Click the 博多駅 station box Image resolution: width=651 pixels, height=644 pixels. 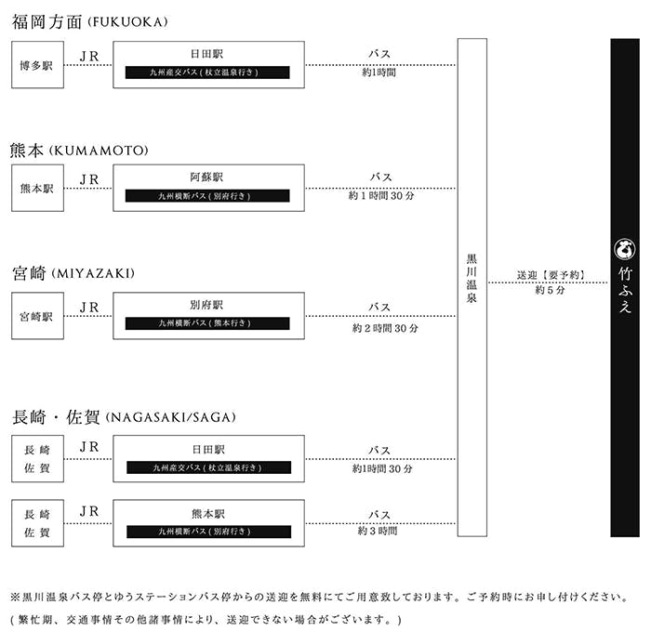pos(38,65)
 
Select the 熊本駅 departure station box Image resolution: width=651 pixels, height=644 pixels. pos(38,188)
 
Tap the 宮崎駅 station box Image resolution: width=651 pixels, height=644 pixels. pos(38,316)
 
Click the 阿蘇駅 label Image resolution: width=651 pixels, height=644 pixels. pos(208,177)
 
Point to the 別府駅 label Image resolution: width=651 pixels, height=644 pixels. pos(208,304)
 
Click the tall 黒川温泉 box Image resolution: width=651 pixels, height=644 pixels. pos(472,286)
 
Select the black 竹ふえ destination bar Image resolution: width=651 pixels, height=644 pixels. pos(625,286)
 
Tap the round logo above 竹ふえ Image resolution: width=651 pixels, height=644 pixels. pos(624,247)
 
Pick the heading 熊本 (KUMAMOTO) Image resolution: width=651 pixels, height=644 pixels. pos(80,151)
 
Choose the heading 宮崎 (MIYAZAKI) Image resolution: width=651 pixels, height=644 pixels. pos(73,273)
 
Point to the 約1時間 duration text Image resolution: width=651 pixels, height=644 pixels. pos(379,72)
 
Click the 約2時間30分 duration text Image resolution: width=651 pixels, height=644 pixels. pos(385,328)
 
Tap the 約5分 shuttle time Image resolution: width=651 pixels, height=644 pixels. pos(549,290)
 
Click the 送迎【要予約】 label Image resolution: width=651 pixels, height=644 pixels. pos(549,275)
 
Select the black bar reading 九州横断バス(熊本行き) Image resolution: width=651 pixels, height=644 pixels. pos(208,323)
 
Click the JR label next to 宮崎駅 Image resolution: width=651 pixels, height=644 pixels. pos(89,307)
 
